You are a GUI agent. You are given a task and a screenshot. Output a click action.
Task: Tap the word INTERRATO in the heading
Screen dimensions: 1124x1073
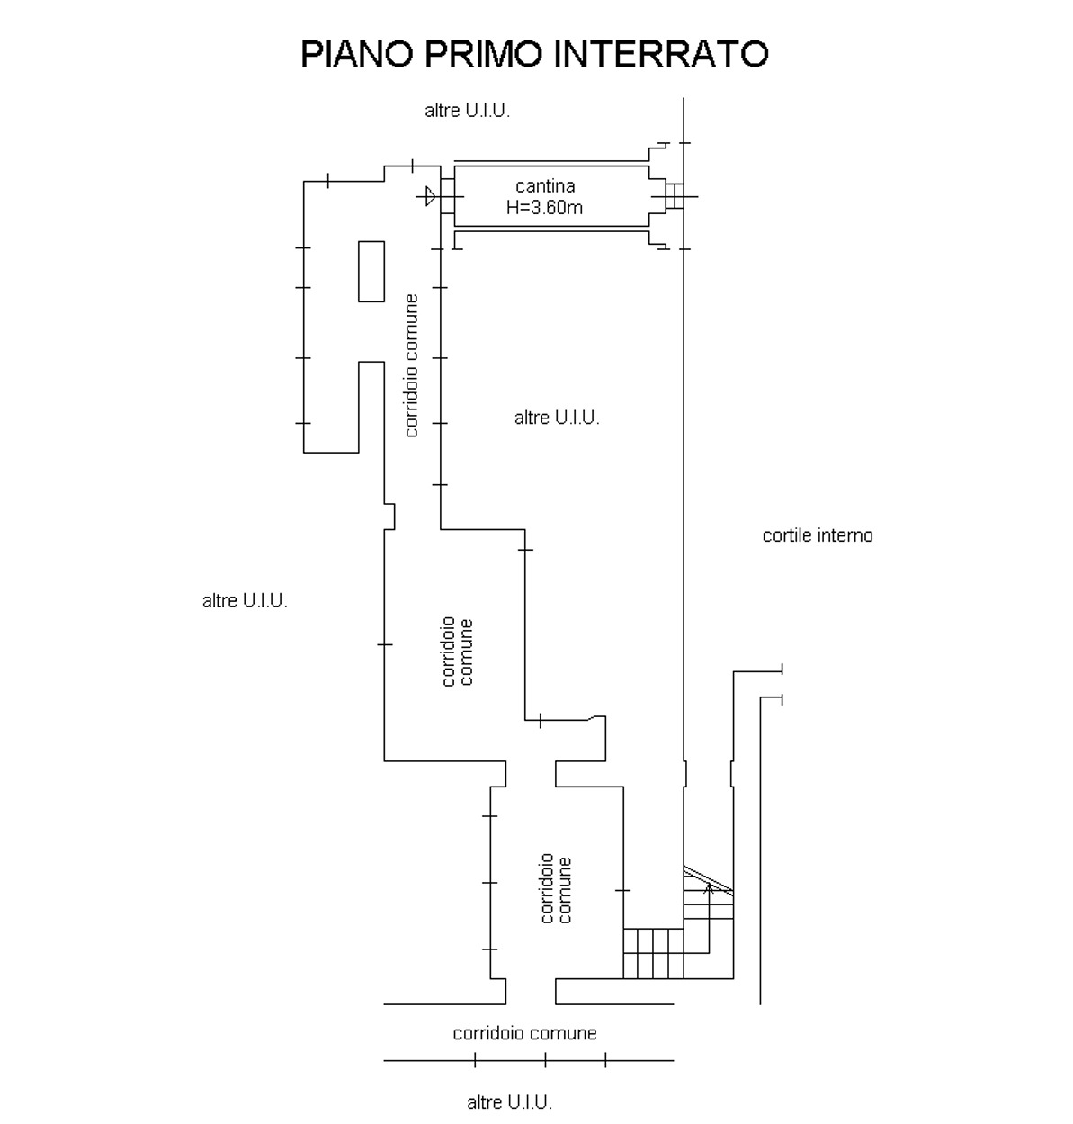661,54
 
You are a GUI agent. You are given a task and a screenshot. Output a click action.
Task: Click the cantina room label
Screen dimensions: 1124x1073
545,186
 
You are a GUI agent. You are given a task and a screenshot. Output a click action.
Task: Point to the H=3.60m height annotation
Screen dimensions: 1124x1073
545,208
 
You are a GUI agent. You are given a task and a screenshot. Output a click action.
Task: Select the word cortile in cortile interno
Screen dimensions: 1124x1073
787,535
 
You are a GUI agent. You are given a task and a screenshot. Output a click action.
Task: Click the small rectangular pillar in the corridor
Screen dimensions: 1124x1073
371,271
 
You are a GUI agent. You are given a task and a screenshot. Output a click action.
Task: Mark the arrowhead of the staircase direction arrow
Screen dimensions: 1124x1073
709,888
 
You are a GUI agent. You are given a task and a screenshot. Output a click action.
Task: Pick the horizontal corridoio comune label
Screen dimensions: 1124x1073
524,1033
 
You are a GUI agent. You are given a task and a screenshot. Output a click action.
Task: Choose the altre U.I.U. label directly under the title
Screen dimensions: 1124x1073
467,111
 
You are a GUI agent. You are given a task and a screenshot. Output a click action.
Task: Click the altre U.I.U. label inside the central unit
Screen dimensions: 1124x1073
557,418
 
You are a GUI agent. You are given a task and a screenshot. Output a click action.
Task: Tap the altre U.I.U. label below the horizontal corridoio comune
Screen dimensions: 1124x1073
509,1102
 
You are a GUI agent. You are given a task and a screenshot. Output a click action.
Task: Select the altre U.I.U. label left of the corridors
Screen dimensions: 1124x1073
245,601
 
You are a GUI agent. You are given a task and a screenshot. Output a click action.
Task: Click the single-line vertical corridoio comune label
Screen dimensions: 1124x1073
412,365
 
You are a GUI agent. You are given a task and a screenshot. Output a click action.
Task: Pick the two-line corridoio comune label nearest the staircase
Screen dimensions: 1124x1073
556,889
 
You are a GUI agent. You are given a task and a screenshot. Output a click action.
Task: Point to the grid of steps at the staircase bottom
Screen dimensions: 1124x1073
653,953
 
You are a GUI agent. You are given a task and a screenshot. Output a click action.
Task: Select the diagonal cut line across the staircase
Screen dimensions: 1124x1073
708,879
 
